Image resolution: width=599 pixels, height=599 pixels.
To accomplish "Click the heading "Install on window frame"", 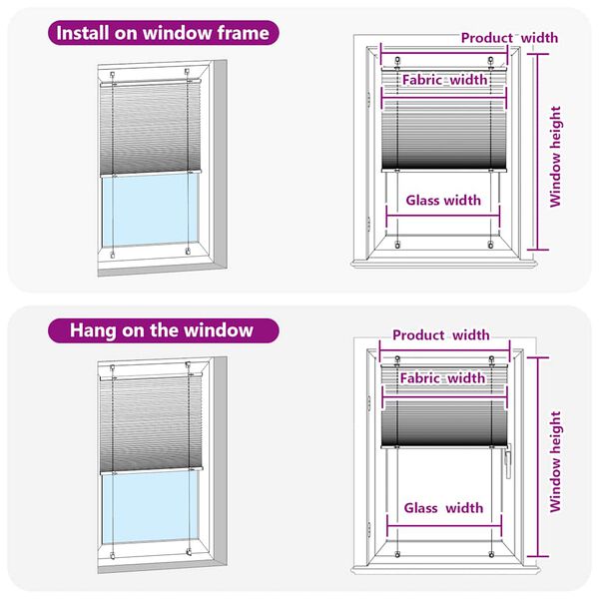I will (x=163, y=33).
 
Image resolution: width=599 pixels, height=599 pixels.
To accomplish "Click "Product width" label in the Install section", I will (x=509, y=38).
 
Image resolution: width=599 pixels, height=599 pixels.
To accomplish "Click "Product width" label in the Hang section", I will (x=440, y=335).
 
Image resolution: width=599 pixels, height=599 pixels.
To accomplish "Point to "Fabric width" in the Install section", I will (x=444, y=80).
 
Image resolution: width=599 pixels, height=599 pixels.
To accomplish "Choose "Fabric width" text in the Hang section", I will (x=442, y=378).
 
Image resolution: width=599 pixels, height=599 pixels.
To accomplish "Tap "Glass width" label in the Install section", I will (x=443, y=200).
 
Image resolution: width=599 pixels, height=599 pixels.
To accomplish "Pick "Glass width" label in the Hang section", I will (x=443, y=507).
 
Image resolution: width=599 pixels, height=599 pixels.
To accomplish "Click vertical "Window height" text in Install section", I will (x=556, y=157).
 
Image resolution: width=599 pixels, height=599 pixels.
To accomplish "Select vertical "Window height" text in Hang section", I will (x=556, y=460).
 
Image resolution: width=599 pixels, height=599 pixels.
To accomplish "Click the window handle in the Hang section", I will (x=508, y=459).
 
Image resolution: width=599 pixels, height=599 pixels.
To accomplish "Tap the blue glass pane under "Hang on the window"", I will (x=150, y=514).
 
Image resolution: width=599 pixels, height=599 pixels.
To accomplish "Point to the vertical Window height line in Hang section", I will (x=539, y=454).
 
